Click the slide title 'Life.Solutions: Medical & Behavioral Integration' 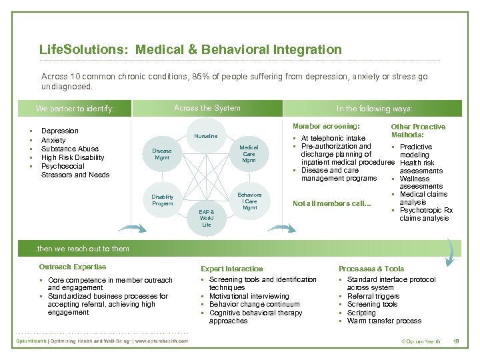coord(190,49)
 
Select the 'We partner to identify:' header coord(75,109)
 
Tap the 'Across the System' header coord(207,108)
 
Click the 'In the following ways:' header coord(374,109)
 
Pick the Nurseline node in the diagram coord(205,136)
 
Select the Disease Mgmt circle coord(162,154)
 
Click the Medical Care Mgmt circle coord(249,154)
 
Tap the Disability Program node coord(162,200)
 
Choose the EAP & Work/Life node coord(207,217)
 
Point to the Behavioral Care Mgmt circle coord(249,201)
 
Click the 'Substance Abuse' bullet coord(69,149)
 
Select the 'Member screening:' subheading coord(326,126)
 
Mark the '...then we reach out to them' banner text coord(80,249)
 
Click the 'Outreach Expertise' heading coord(72,267)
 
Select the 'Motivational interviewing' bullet coord(249,296)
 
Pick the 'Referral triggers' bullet coord(373,296)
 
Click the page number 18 coord(456,341)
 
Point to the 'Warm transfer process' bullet coord(384,321)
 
